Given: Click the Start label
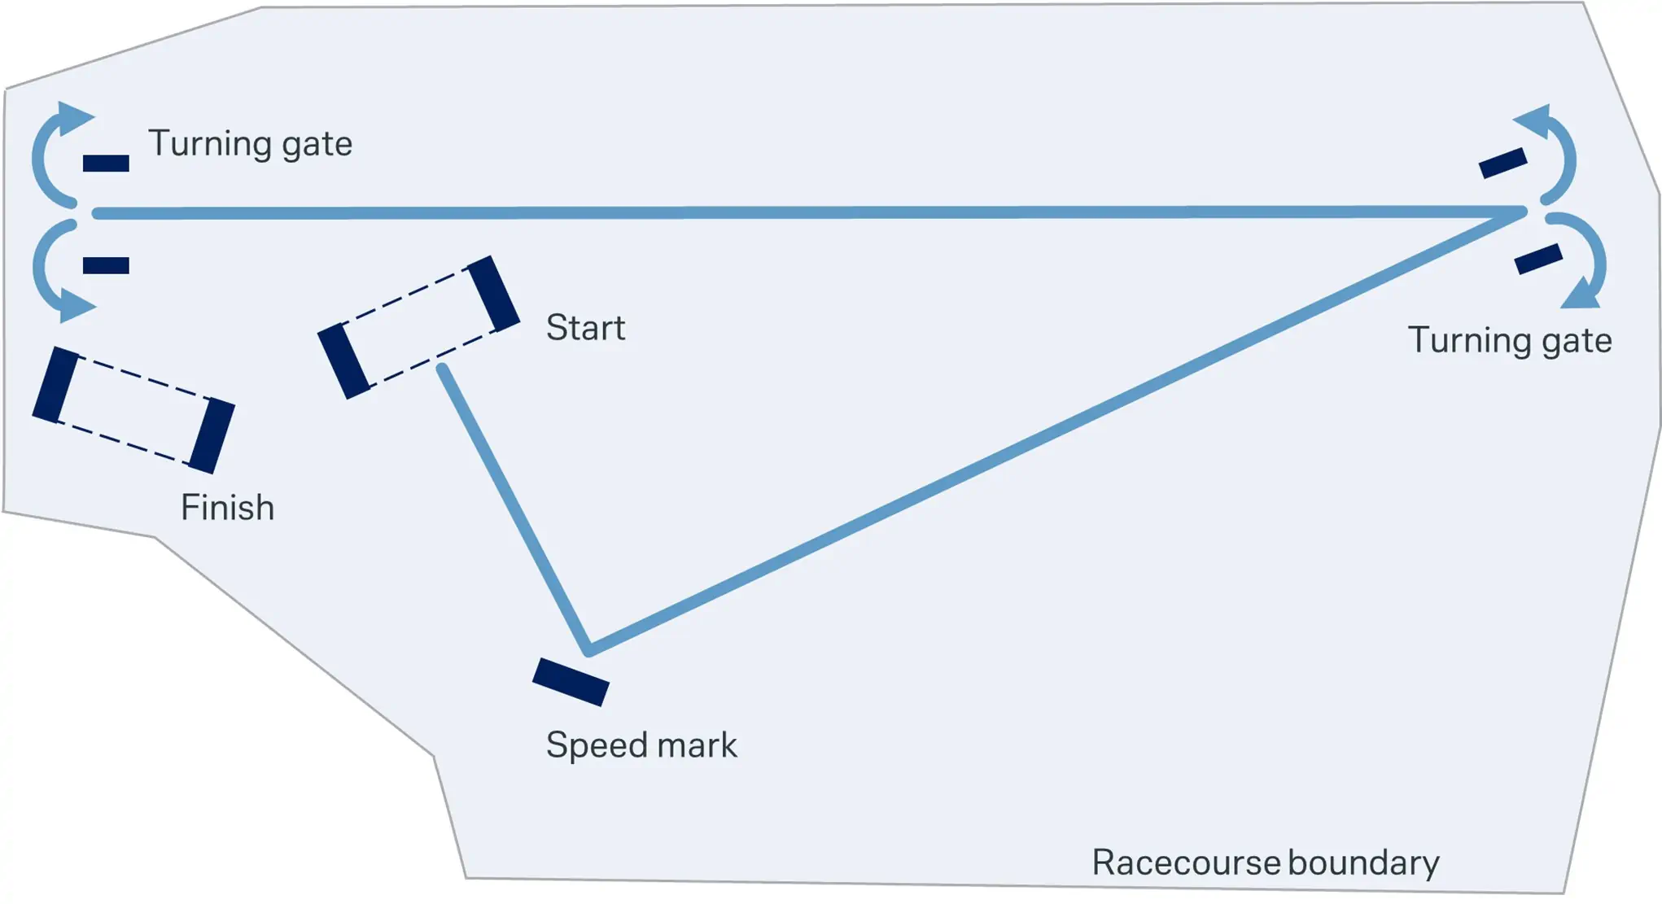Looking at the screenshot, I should (585, 328).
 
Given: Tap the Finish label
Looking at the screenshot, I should (227, 508).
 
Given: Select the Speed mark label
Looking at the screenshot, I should (641, 745).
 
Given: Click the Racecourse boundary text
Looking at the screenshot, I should (1265, 863).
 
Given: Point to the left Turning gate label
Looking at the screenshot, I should (250, 144).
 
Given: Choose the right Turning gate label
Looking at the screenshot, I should (1510, 340).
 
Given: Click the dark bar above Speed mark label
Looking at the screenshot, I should (571, 682).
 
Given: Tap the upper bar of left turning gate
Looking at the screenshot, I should (106, 164).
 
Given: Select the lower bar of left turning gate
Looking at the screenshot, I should (106, 265).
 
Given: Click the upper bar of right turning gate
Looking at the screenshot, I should (1502, 163).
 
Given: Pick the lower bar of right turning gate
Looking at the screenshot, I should (1538, 260).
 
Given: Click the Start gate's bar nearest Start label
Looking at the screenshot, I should (493, 294).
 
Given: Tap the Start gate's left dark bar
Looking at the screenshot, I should (343, 361).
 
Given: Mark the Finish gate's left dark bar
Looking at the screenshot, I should (55, 385).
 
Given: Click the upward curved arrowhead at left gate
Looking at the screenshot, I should (74, 118).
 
